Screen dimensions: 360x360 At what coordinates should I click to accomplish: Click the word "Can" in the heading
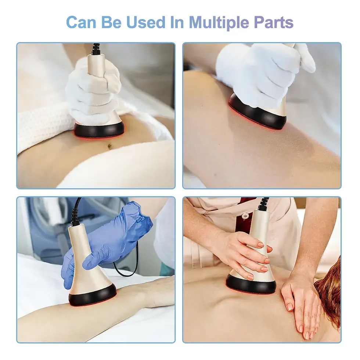(81, 22)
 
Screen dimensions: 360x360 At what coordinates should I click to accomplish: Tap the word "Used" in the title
(146, 22)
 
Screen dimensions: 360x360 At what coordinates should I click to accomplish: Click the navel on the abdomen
(109, 146)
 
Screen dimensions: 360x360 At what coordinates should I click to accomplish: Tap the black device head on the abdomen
(99, 130)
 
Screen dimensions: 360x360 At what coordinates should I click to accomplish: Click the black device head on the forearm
(93, 296)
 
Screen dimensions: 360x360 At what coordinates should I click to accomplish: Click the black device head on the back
(251, 284)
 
